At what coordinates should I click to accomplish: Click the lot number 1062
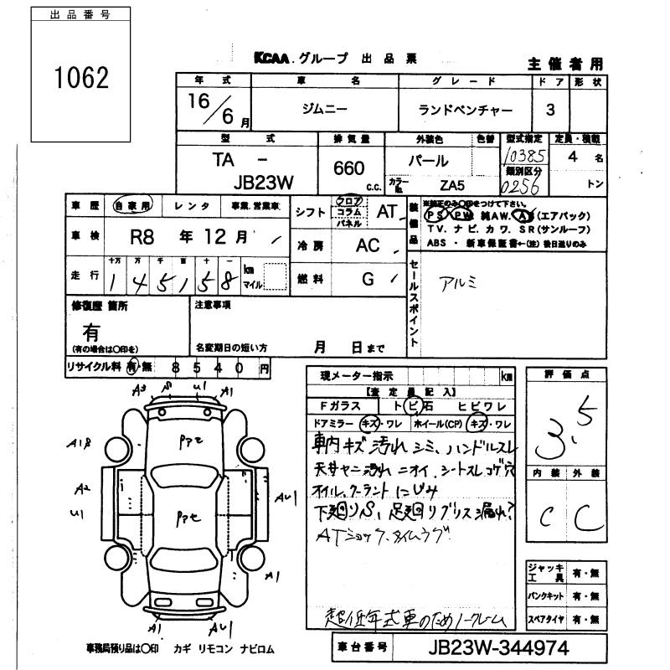[x=81, y=78]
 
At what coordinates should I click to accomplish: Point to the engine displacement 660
[x=348, y=168]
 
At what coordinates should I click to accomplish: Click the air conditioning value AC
[x=368, y=246]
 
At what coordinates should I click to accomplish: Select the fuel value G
[x=368, y=280]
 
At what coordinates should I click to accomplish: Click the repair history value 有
[x=93, y=332]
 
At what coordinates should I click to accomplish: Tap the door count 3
[x=549, y=110]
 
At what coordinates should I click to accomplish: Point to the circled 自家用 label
[x=132, y=205]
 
